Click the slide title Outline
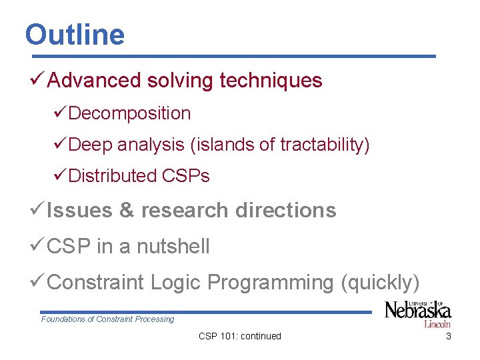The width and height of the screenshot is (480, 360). (75, 35)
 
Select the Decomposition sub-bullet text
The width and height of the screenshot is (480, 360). (129, 114)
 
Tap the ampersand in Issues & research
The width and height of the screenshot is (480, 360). (126, 211)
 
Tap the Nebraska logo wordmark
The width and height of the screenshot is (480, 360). (418, 311)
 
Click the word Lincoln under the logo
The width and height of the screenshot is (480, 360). (437, 325)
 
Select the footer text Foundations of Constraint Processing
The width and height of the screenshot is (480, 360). (107, 319)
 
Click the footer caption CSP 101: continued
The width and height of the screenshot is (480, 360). (240, 336)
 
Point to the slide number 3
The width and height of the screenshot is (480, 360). (448, 336)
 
